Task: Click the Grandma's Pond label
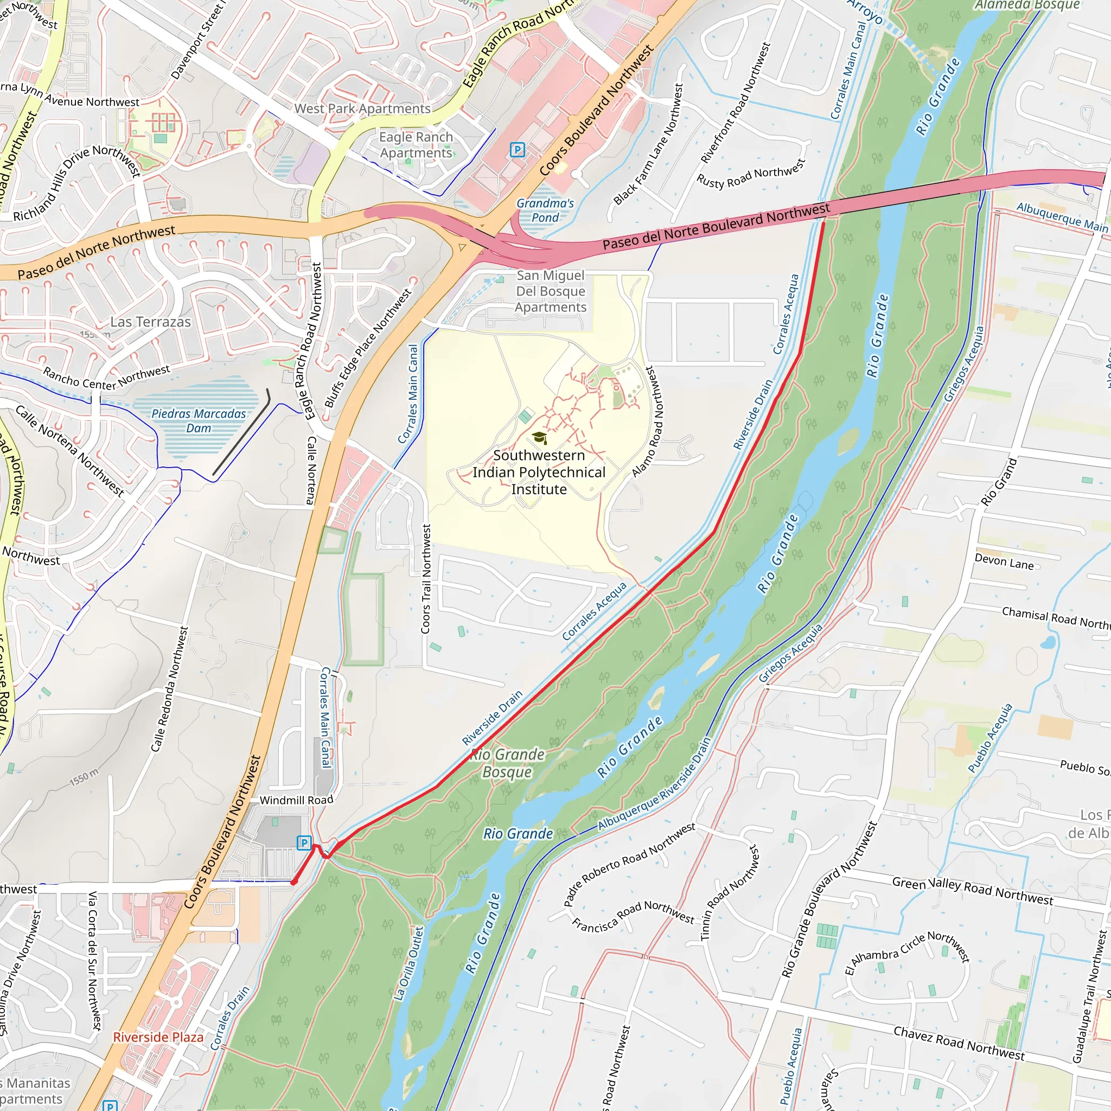[545, 210]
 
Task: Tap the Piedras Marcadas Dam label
[199, 421]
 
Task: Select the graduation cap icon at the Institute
[539, 438]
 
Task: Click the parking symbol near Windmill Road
[304, 844]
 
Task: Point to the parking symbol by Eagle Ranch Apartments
[517, 150]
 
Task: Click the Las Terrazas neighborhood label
[151, 322]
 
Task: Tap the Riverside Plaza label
[158, 1037]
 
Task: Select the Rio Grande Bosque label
[507, 763]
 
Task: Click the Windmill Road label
[296, 800]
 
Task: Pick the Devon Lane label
[1004, 562]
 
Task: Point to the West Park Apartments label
[362, 108]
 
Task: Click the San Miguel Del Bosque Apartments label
[550, 291]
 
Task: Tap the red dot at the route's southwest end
[294, 882]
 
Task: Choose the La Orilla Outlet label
[409, 963]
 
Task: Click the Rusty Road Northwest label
[750, 174]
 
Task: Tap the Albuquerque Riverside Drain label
[654, 784]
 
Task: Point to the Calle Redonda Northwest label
[169, 689]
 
